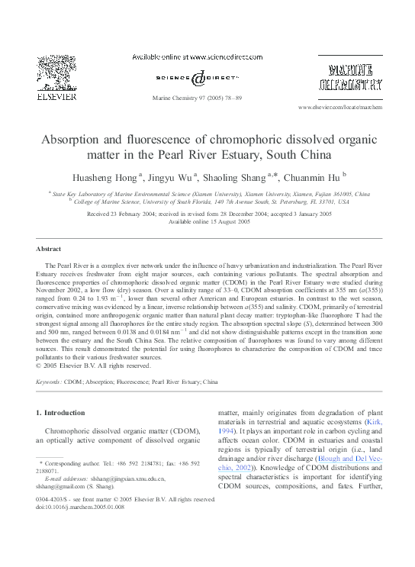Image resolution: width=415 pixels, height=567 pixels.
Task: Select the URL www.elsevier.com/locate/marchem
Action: coord(339,109)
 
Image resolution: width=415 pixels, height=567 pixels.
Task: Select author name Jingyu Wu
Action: coord(171,177)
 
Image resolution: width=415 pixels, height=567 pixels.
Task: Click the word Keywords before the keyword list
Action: coord(49,380)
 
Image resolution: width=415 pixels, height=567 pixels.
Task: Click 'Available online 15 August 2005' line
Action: coord(208,222)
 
